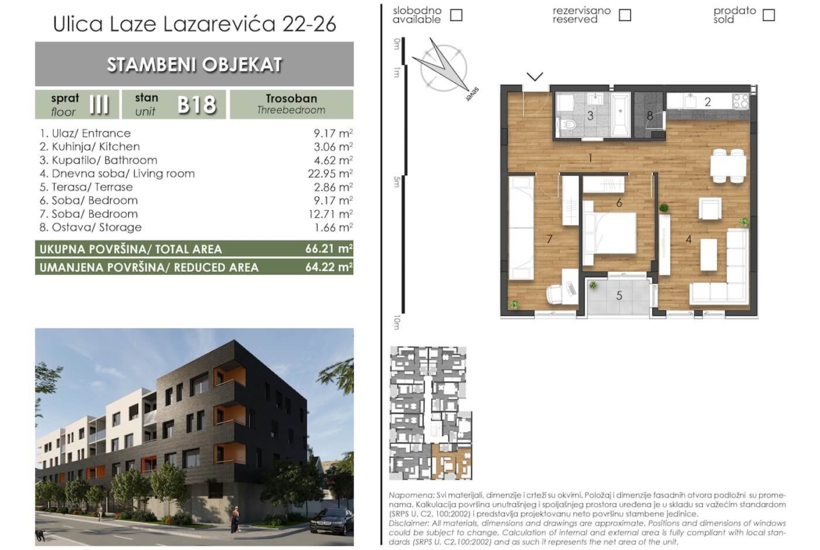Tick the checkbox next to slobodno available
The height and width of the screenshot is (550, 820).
456,15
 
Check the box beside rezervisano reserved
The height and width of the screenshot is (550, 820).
624,15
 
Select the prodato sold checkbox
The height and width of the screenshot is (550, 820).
769,15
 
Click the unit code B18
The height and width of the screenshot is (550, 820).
197,104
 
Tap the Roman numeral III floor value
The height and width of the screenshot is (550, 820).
99,104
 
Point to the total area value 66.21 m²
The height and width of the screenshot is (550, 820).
329,248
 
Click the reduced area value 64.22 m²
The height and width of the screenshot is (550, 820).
329,267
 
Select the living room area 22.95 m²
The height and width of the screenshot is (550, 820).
330,174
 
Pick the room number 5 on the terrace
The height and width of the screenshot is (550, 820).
619,296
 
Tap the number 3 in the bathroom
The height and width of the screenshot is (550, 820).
590,116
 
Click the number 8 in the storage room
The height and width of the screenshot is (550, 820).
650,116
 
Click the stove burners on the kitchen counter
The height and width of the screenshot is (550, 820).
741,101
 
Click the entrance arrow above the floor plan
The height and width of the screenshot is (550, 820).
535,77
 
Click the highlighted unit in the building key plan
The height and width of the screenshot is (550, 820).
450,460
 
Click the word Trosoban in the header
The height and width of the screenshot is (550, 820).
292,98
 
